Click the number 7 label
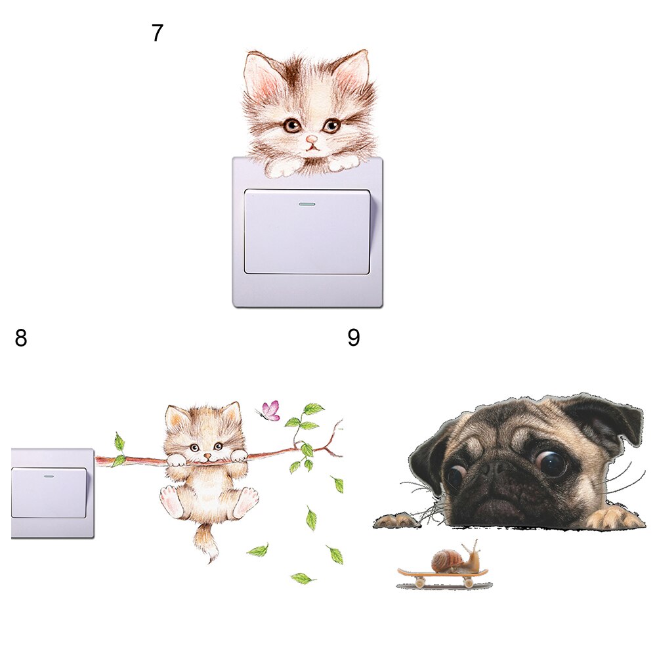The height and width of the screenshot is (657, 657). (157, 32)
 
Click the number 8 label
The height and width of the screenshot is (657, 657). (21, 339)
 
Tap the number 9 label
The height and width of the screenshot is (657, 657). (354, 338)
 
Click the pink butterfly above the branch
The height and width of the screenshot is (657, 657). (270, 412)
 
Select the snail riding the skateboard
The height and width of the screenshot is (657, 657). (452, 559)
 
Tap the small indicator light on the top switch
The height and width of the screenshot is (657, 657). (307, 204)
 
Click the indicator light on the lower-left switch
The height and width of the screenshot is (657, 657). (48, 476)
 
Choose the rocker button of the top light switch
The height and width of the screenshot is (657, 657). (307, 233)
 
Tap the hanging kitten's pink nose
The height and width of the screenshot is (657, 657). (207, 455)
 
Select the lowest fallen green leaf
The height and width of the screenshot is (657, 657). (302, 578)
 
